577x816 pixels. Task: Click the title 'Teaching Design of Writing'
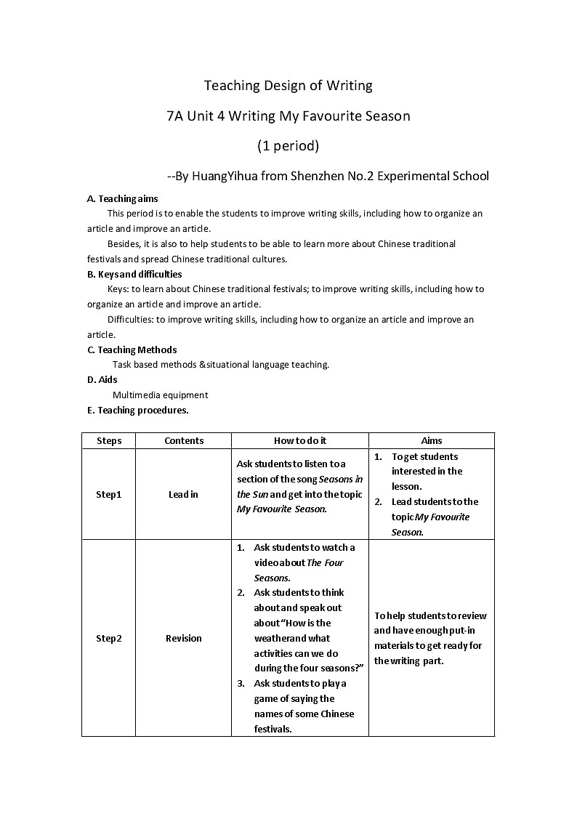(x=288, y=86)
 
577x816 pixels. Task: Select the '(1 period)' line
(x=288, y=145)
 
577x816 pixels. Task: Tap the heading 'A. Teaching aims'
(x=122, y=198)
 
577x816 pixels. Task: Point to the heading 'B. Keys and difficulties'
(x=134, y=274)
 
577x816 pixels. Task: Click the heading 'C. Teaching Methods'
(x=132, y=350)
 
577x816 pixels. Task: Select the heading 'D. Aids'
(x=102, y=379)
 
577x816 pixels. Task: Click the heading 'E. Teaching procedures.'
(x=137, y=410)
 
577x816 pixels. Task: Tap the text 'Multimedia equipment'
(x=160, y=395)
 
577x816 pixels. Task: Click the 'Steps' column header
(x=109, y=440)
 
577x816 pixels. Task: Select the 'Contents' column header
(x=184, y=440)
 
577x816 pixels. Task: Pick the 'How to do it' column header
(x=300, y=440)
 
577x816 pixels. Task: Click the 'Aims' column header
(x=432, y=440)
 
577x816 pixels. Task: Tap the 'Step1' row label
(x=109, y=494)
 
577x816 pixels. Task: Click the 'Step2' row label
(x=109, y=638)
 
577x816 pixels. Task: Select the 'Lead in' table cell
(x=183, y=494)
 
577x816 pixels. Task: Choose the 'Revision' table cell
(x=184, y=638)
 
